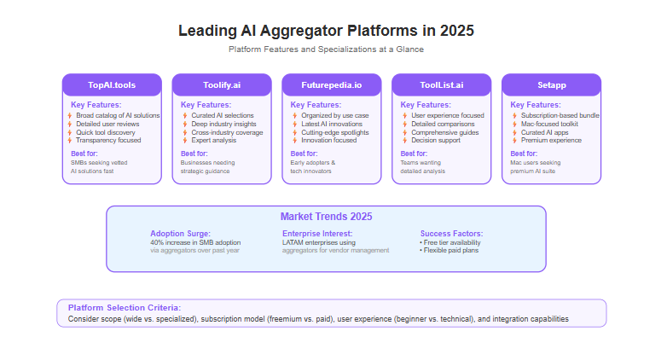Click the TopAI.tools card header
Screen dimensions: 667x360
[x=112, y=85]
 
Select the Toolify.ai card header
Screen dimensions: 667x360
[x=222, y=85]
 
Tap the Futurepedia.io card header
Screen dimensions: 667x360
[x=332, y=85]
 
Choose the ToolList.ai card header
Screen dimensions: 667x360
[x=442, y=85]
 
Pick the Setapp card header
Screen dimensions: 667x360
[x=551, y=85]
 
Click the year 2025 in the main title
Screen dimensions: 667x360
[x=457, y=31]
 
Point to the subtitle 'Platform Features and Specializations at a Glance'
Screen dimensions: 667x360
[x=327, y=49]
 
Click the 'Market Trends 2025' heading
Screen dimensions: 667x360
[x=327, y=217]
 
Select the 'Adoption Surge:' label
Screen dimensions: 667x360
[x=180, y=234]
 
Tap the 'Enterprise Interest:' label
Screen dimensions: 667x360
[x=317, y=234]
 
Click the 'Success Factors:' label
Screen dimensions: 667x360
[x=452, y=234]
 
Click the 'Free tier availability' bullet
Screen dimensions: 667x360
[x=450, y=242]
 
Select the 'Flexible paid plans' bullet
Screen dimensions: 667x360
[x=449, y=250]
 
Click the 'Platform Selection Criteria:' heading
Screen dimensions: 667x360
[x=125, y=308]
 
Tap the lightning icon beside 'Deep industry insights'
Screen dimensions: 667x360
[x=185, y=124]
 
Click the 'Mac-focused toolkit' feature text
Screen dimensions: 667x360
[x=549, y=124]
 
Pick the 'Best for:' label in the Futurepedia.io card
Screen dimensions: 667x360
[x=304, y=154]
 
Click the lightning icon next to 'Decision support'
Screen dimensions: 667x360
[x=405, y=140]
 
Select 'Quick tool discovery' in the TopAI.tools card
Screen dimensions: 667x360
[x=106, y=132]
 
